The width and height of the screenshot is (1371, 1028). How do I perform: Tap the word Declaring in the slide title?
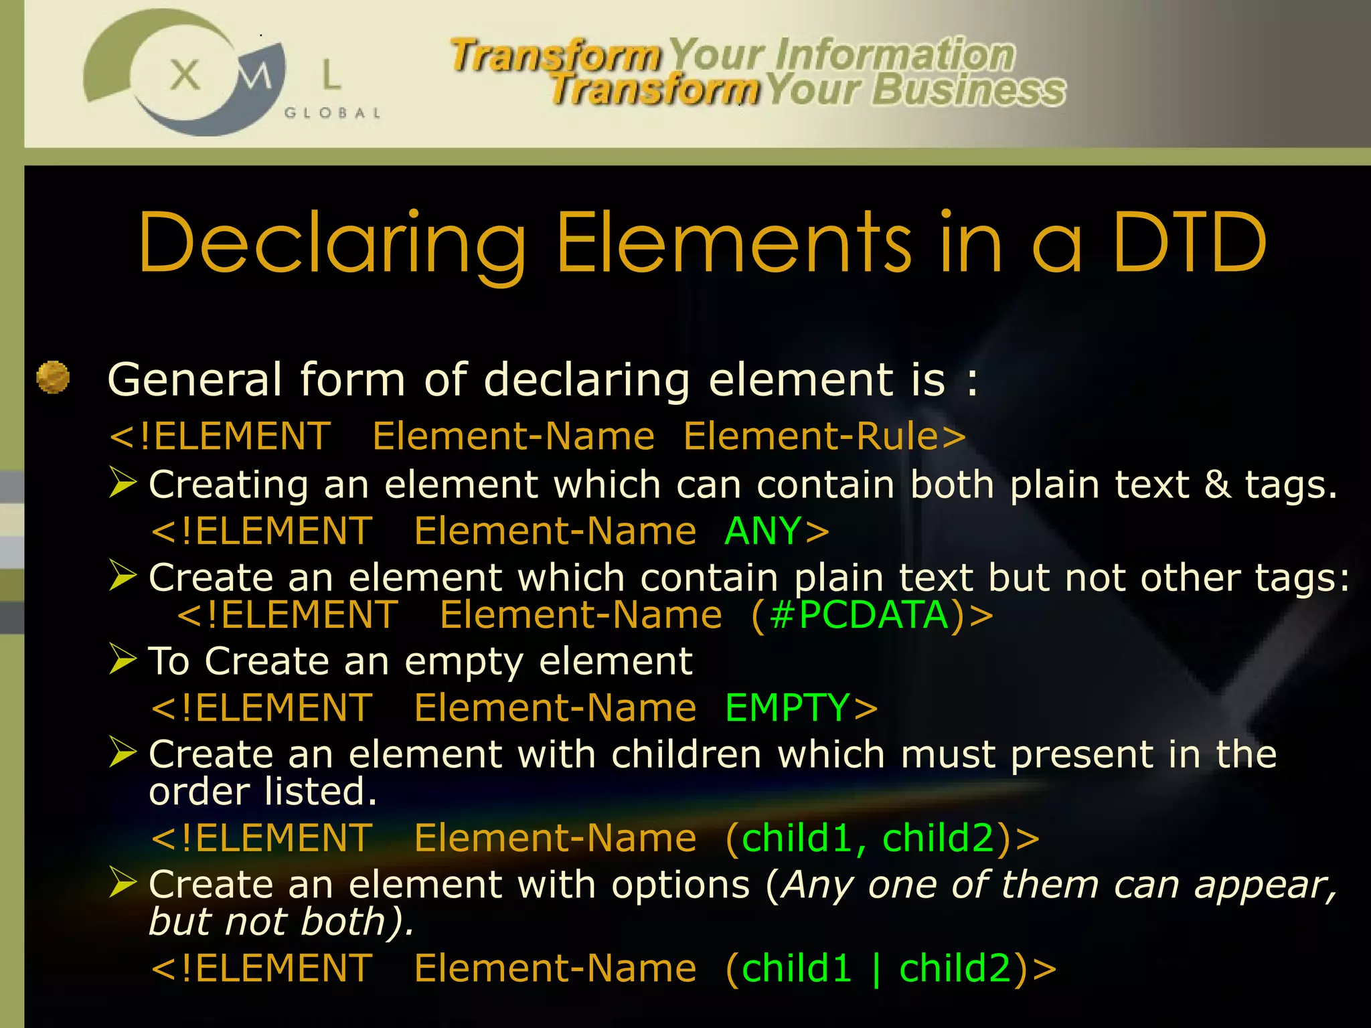coord(333,244)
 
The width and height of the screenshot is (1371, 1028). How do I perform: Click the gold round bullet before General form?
coord(53,377)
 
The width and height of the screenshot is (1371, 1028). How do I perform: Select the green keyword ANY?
coord(762,531)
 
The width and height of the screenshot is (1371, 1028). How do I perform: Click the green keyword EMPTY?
coord(787,708)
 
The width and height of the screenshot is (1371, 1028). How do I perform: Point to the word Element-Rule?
coord(811,436)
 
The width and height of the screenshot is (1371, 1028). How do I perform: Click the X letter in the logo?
coord(185,74)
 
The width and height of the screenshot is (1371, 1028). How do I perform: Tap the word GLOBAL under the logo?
coord(332,113)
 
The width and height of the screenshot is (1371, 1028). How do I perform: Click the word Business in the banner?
coord(968,90)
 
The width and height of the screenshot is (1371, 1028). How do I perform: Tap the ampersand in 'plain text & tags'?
coord(1217,484)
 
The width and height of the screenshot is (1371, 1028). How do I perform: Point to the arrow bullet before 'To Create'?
coord(123,659)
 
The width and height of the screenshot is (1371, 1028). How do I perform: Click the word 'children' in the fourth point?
coord(686,754)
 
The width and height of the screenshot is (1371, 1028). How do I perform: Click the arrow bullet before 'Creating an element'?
coord(123,483)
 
